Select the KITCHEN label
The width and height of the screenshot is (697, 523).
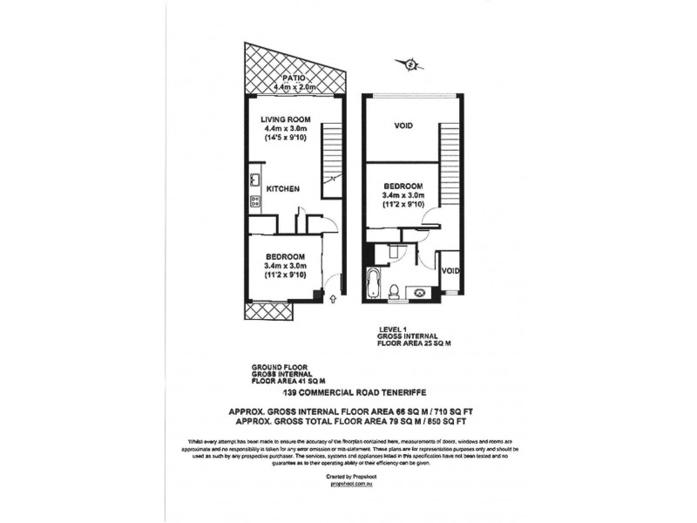point(283,188)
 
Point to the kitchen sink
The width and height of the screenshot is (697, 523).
point(255,180)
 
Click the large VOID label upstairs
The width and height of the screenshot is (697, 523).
point(403,126)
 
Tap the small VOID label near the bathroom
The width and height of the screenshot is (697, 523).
point(450,271)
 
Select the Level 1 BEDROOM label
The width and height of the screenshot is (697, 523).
point(403,187)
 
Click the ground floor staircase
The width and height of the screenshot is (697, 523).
point(334,157)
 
